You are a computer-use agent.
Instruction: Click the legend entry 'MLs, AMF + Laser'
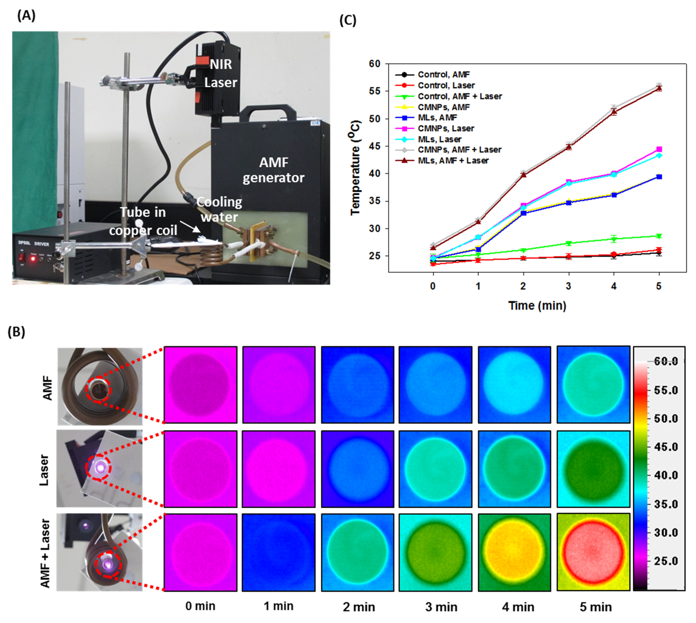(453, 160)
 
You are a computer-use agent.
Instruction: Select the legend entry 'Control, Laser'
(446, 85)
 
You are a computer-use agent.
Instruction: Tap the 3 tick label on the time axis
(568, 286)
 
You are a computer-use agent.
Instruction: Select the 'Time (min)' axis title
(537, 305)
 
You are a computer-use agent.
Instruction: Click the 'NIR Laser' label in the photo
(220, 73)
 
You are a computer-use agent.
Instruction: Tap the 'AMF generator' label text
(273, 170)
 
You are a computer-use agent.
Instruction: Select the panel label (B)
(16, 332)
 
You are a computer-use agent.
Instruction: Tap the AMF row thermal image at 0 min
(200, 385)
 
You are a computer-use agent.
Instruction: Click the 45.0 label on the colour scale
(666, 447)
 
